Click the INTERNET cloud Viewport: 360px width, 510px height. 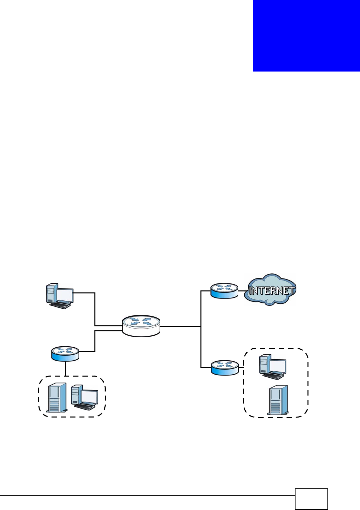coord(270,290)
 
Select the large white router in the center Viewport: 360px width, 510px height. coord(141,326)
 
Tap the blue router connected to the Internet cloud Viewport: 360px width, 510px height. coord(224,290)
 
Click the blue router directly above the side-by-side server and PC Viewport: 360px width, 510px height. coord(65,353)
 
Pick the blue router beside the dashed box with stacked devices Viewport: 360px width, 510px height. coord(225,367)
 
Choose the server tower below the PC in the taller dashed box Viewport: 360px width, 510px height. coord(278,400)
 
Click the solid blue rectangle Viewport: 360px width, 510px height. coord(306,36)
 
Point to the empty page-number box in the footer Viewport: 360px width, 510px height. coord(311,499)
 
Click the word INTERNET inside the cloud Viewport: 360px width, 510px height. coord(272,291)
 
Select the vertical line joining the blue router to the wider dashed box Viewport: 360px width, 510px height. coord(65,369)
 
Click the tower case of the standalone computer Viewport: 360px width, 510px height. coord(51,293)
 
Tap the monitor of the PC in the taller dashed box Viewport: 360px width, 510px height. coord(278,366)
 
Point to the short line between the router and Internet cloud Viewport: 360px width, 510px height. coord(242,291)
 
